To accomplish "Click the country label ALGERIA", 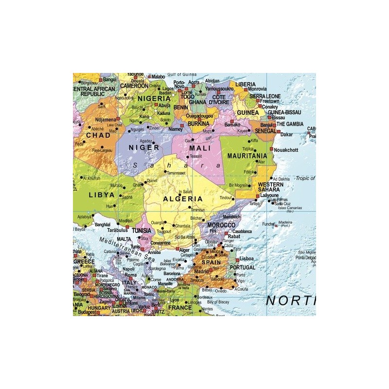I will pos(183,199).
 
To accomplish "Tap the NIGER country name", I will pos(143,147).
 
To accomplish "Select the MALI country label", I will pos(199,147).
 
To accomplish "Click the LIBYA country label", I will pos(102,194).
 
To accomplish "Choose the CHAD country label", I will pos(98,135).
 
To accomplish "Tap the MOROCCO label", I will pos(221,226).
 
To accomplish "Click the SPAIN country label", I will pos(211,262).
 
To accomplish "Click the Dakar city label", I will pos(286,134).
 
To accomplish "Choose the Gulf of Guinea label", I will pos(180,74).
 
